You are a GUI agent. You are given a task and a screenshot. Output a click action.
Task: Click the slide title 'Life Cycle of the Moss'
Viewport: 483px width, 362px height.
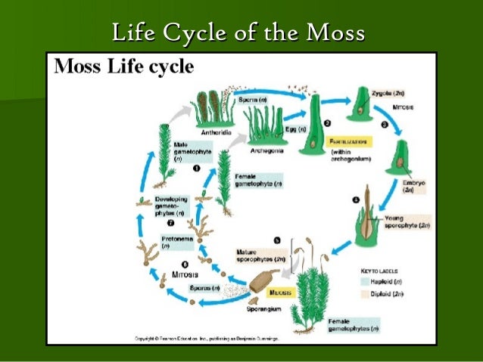(238, 33)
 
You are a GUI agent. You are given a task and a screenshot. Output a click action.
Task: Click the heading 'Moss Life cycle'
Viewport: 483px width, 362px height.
(123, 67)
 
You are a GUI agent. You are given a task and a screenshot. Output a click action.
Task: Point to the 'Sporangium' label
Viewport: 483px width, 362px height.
(262, 309)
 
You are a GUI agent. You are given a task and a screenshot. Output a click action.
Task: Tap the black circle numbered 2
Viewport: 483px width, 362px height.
(326, 122)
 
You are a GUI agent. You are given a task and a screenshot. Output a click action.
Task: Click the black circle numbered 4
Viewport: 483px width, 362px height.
(357, 200)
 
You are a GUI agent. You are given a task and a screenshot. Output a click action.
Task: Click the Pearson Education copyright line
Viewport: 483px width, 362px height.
(207, 339)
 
